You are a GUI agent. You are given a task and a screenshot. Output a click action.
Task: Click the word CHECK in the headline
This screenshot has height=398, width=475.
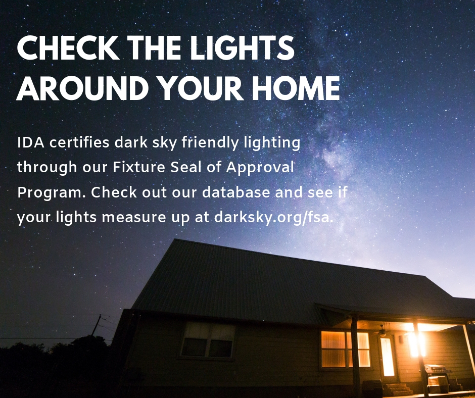click(68, 48)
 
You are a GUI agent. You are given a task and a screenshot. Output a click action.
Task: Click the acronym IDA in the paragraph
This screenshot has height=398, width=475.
click(31, 142)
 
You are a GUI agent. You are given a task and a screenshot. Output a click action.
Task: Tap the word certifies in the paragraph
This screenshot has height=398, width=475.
click(79, 142)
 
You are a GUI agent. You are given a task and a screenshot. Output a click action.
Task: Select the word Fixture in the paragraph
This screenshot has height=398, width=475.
click(139, 167)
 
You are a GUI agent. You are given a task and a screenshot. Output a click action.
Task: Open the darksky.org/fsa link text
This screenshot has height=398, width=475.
click(273, 218)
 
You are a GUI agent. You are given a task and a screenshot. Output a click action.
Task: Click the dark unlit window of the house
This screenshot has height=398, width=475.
click(208, 340)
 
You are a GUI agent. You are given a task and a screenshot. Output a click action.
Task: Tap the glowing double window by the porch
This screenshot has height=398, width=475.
click(345, 349)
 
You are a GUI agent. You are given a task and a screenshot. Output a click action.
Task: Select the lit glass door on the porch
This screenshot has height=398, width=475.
click(388, 357)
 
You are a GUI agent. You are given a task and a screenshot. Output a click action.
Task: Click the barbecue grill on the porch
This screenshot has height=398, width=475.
click(437, 373)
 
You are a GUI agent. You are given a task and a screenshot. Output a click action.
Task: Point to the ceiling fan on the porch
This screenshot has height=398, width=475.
click(383, 331)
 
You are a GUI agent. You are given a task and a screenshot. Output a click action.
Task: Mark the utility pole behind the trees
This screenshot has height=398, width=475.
click(97, 325)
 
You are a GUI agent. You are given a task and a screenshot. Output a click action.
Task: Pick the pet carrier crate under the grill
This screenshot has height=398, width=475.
click(438, 385)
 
